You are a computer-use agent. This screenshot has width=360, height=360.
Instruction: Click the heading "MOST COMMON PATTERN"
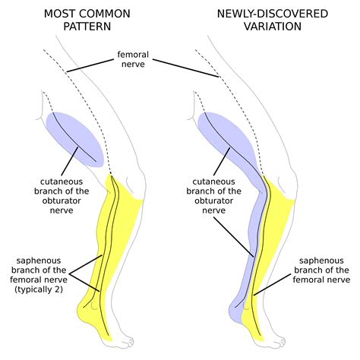coord(86,21)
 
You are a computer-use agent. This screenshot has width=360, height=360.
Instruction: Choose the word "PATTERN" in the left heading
coord(86,27)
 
